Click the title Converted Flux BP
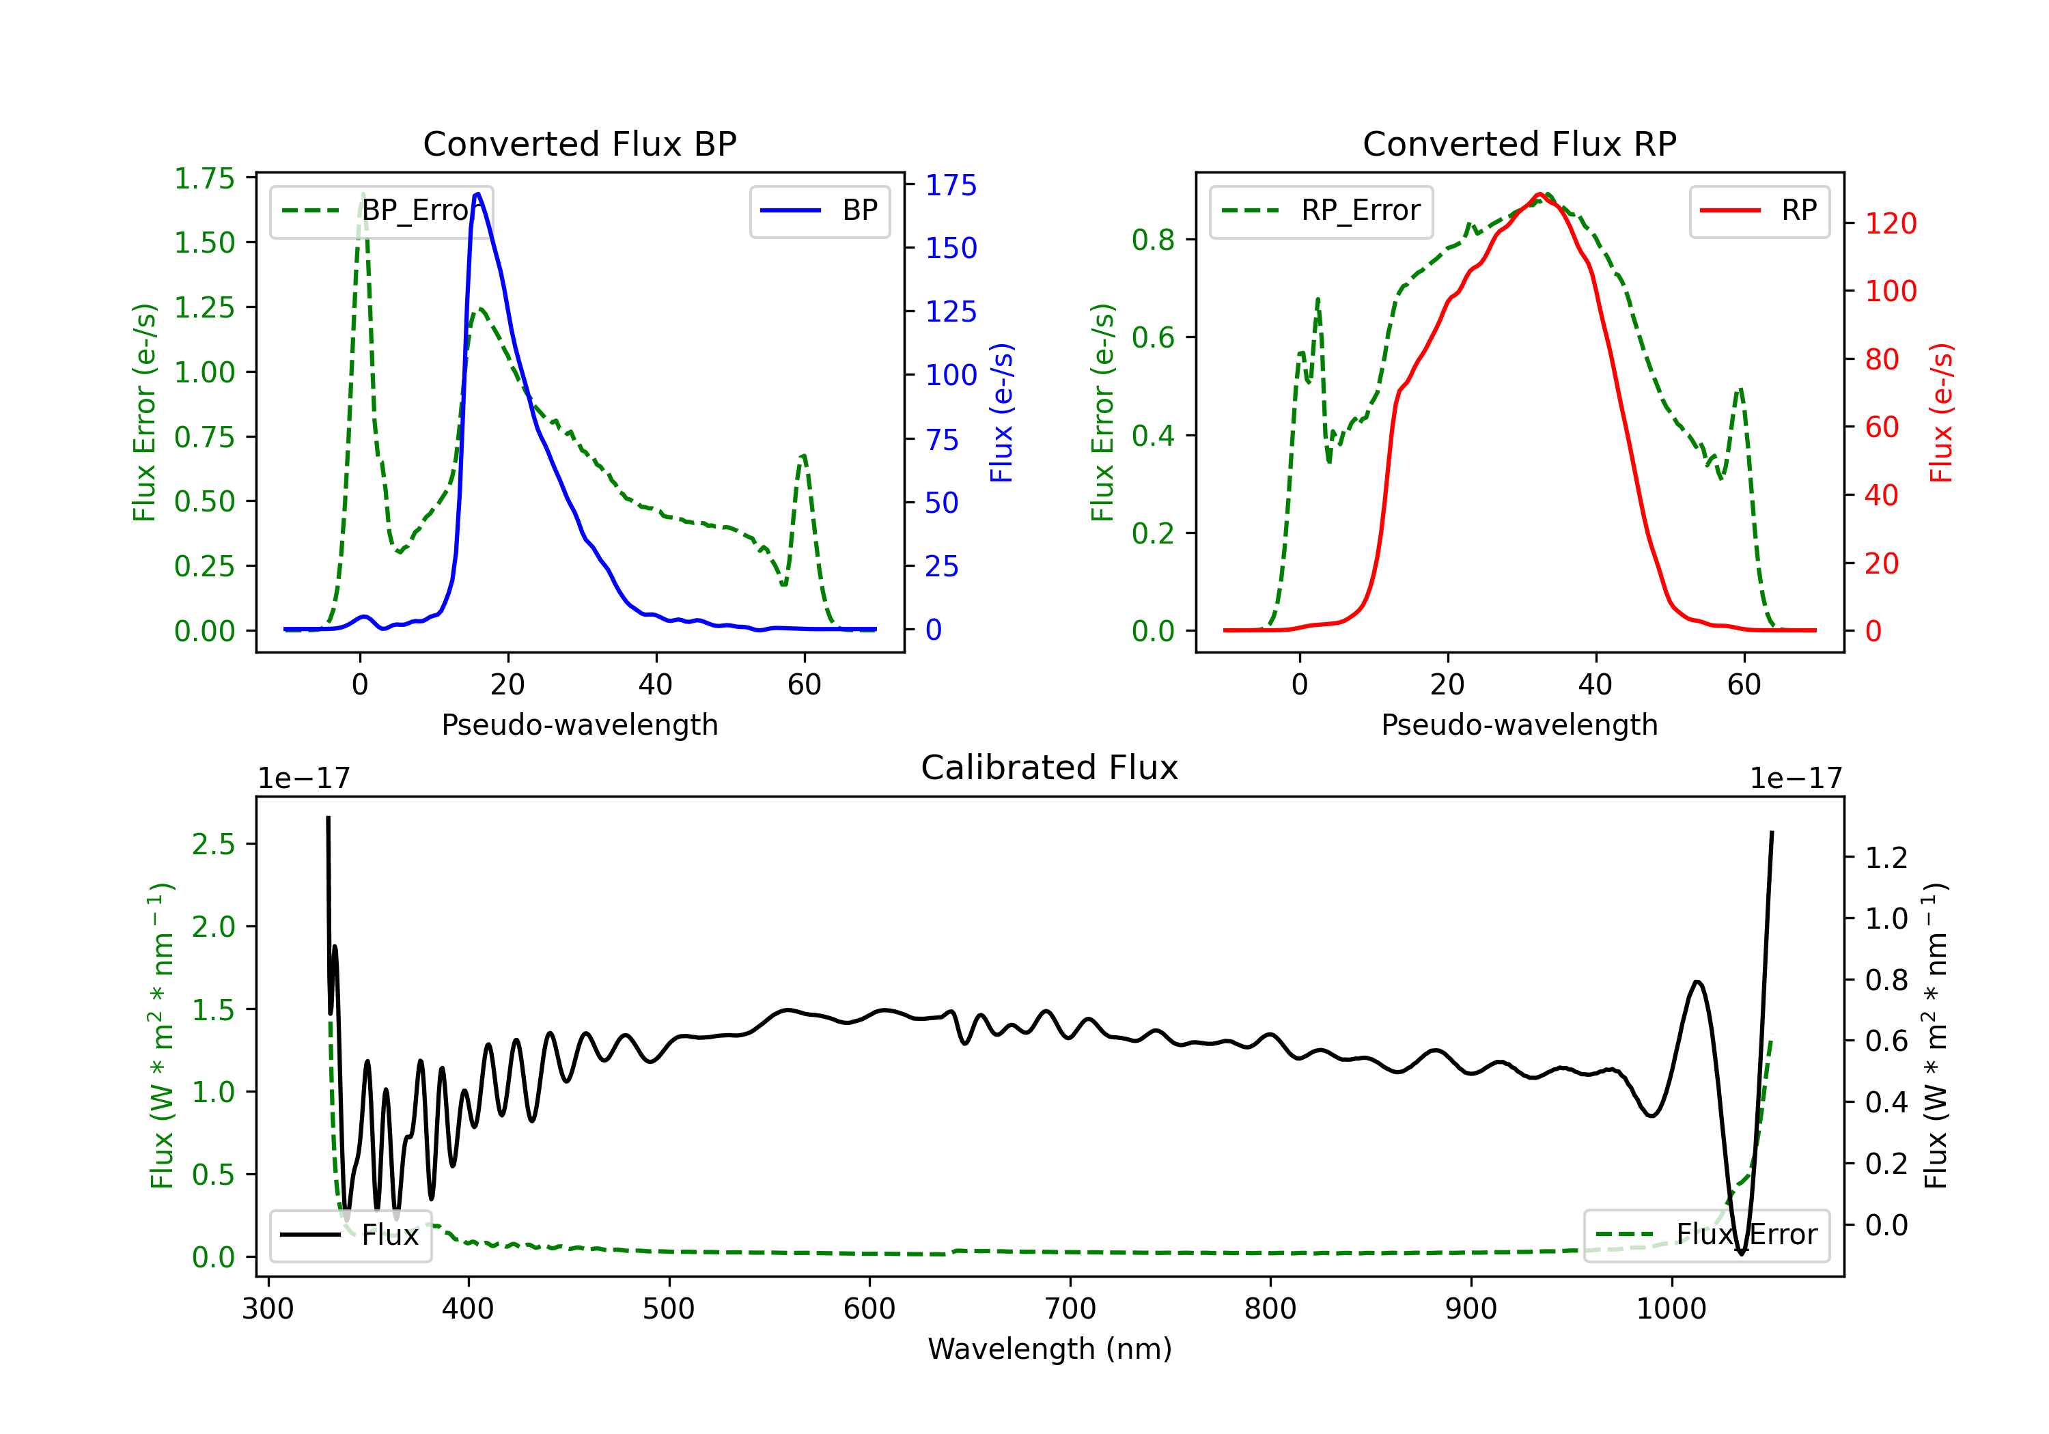point(579,143)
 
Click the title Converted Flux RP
point(1519,143)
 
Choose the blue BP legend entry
point(820,210)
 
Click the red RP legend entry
point(1758,210)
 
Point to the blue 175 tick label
point(951,186)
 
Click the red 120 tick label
point(1890,223)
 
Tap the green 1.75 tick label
point(204,178)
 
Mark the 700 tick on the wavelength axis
point(1070,1309)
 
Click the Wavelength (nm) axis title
point(1050,1349)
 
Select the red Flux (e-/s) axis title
point(1942,412)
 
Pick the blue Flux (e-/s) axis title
point(1001,412)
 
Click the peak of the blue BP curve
point(478,194)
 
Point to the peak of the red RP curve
point(1539,195)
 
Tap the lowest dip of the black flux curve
point(1741,1253)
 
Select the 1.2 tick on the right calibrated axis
point(1886,858)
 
